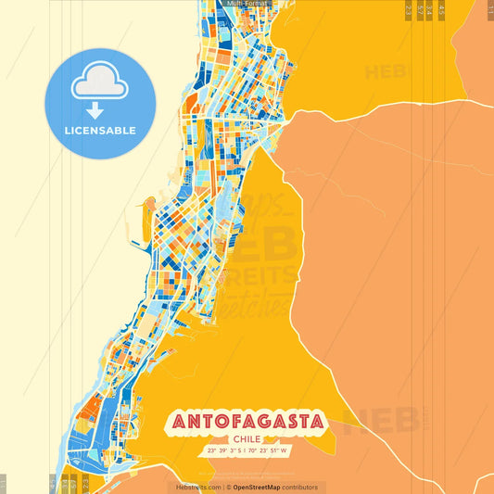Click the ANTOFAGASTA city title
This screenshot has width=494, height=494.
tap(247, 422)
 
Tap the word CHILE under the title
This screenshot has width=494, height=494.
tap(247, 439)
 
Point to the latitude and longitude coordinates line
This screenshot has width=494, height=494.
tap(247, 452)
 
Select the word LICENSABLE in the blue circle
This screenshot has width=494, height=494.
tap(99, 131)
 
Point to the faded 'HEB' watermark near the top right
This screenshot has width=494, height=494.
tap(390, 71)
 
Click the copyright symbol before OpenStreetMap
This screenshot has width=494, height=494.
tap(228, 487)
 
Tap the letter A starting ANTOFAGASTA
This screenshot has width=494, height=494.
tap(177, 422)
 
